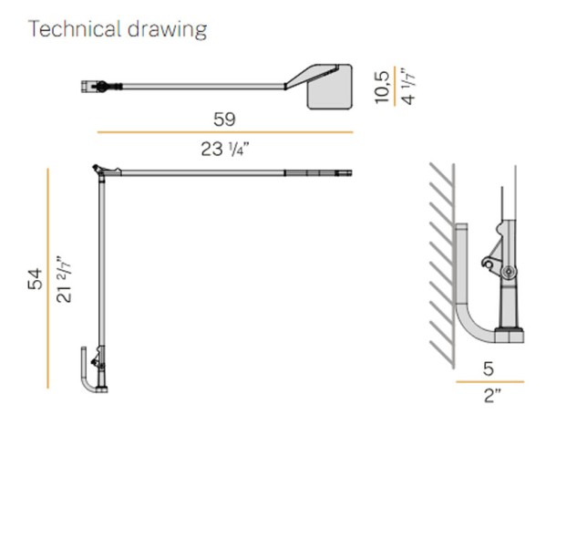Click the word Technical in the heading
(x=75, y=28)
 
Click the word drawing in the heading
(x=168, y=30)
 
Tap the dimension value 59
(x=224, y=119)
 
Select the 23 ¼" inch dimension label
(x=225, y=149)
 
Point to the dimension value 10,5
(x=382, y=87)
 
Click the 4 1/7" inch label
(x=407, y=86)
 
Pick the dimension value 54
(x=36, y=279)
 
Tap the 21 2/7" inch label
(x=63, y=279)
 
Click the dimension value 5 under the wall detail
(x=489, y=368)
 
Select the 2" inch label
(x=492, y=396)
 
